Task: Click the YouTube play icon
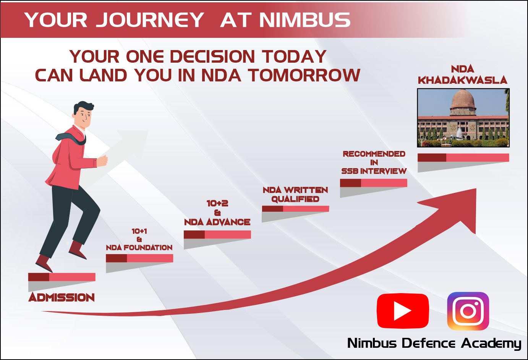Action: (403, 311)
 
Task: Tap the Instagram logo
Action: (468, 311)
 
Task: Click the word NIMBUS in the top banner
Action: (305, 19)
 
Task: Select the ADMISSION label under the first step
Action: (62, 298)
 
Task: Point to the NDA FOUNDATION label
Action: (139, 248)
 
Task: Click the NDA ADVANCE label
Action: (217, 222)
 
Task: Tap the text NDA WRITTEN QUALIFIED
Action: (295, 195)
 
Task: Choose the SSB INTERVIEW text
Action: (374, 171)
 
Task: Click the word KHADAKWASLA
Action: (462, 80)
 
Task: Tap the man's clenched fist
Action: (102, 161)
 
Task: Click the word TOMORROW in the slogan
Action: (304, 75)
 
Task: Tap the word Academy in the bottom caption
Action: (491, 344)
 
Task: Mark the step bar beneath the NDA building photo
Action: (463, 157)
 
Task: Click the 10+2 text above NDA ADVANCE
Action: (217, 203)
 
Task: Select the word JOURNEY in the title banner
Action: (150, 19)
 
